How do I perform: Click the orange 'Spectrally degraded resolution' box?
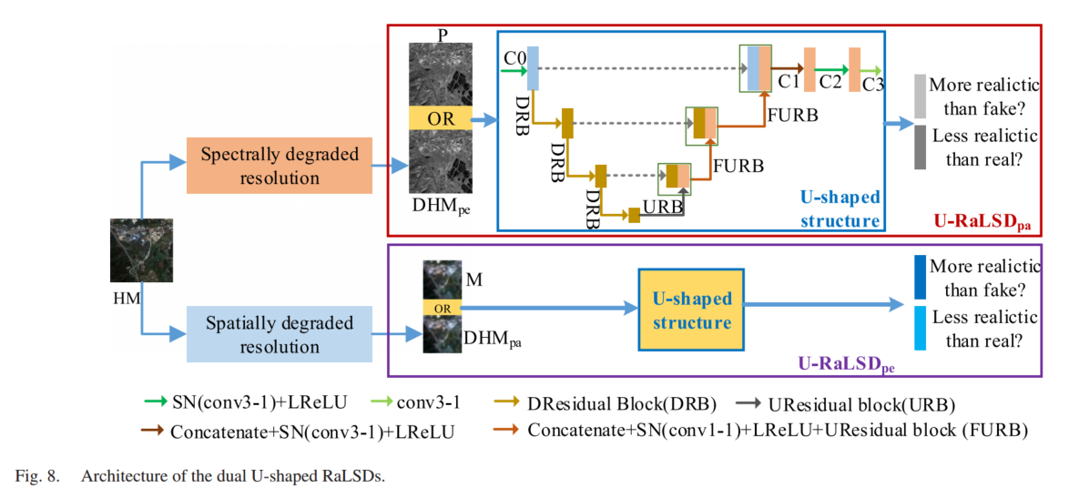point(280,166)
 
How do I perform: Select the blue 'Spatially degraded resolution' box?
point(280,334)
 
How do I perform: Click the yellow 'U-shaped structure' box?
point(691,310)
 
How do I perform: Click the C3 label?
point(872,85)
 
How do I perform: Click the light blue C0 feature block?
point(534,68)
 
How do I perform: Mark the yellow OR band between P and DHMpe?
point(440,117)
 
